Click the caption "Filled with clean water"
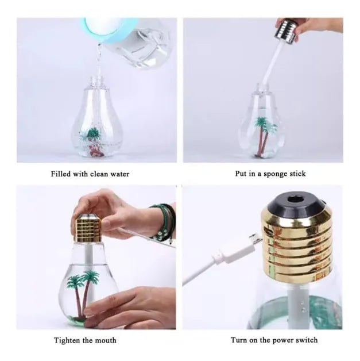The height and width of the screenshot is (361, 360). pyautogui.click(x=90, y=174)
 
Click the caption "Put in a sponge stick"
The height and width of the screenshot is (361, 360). pyautogui.click(x=270, y=174)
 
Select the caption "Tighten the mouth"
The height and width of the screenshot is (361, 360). pyautogui.click(x=85, y=340)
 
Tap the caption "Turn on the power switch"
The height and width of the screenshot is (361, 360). pyautogui.click(x=274, y=340)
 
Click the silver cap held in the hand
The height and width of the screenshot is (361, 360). pyautogui.click(x=287, y=30)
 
